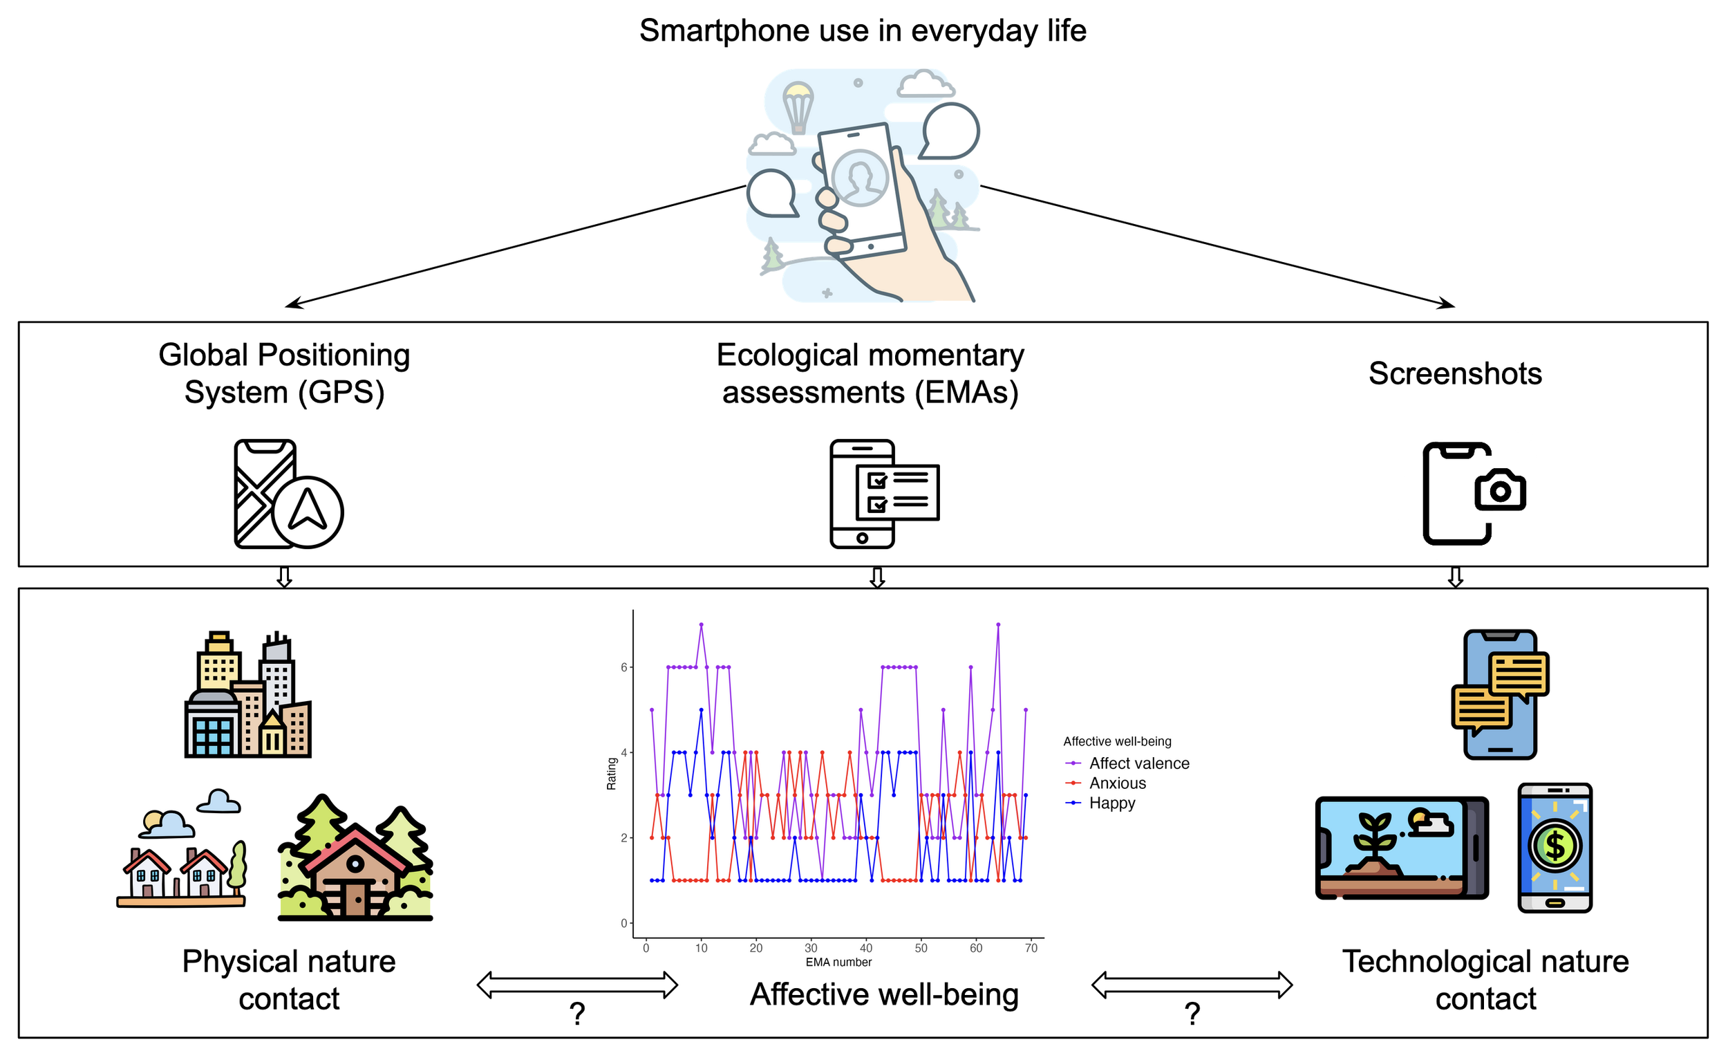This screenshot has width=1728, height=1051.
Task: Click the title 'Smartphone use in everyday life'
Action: pos(863,31)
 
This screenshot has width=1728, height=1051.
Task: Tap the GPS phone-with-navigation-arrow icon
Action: pos(288,494)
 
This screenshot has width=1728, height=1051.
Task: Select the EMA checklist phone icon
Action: pos(883,494)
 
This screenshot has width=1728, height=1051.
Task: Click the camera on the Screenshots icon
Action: pos(1500,490)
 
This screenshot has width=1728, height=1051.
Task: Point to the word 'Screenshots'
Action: pos(1455,373)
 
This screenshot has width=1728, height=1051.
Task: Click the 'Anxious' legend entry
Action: pos(1117,783)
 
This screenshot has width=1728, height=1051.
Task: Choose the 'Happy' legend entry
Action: pos(1111,803)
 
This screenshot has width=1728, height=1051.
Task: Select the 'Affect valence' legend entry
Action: pos(1139,763)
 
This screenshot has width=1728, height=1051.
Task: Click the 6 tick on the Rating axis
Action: pos(623,667)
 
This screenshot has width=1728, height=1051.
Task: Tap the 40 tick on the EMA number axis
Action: pos(866,948)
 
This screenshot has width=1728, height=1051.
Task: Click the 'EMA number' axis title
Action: pos(838,962)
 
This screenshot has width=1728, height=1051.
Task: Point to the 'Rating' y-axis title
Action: pos(612,773)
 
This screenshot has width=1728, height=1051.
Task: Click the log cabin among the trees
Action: pos(355,863)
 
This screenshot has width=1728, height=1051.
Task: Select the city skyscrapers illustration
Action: pos(247,695)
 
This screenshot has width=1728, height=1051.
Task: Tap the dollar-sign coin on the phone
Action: pos(1555,846)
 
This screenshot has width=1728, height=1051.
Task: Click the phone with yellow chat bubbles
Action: pos(1500,695)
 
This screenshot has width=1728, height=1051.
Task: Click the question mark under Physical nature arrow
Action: pos(576,1013)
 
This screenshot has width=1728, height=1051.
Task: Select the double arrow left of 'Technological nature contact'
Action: pos(1192,985)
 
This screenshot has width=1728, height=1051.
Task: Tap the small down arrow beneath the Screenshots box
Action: pos(1455,577)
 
